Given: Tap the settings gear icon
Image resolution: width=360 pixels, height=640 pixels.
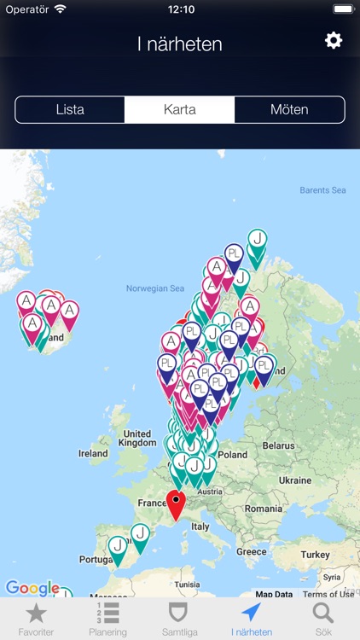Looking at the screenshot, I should [334, 40].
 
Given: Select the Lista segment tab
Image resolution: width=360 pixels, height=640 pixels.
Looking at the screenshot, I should [70, 109].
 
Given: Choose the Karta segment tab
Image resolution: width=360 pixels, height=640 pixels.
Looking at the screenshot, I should [180, 109].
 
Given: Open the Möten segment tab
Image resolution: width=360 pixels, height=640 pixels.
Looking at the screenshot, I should [289, 109].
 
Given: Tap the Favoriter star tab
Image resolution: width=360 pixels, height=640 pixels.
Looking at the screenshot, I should [36, 618].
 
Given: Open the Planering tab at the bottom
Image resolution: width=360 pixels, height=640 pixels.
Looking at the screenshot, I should [108, 618].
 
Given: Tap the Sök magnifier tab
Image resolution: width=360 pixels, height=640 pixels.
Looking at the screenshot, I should [323, 618].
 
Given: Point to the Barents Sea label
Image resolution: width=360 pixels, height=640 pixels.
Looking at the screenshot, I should [322, 190].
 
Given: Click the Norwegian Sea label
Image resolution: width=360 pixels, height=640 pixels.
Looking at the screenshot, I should [154, 288].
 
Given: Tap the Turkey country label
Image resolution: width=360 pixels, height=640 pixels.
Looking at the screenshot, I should [315, 555].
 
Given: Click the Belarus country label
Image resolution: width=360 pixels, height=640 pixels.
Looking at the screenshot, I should [278, 445].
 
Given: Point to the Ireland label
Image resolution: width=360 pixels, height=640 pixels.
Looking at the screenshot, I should [93, 454].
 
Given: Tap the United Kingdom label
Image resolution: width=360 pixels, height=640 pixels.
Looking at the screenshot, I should [137, 439].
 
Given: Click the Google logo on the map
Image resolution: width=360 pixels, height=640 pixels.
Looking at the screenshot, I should [32, 587].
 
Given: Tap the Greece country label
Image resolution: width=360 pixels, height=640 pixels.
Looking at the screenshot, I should [251, 551].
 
